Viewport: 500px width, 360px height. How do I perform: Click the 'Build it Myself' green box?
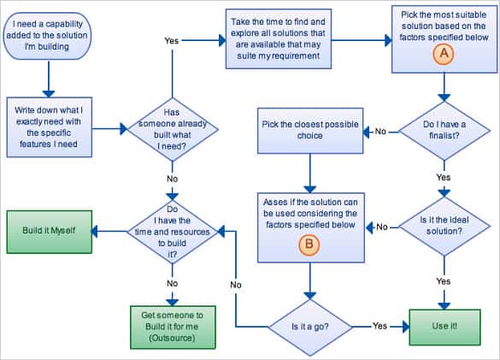point(48,229)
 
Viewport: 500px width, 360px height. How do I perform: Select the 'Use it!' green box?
point(444,326)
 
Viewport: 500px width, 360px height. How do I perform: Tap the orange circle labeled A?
point(443,52)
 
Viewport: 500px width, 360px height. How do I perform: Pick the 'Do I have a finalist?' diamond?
point(444,131)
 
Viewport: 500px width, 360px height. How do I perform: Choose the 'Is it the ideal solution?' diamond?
point(444,227)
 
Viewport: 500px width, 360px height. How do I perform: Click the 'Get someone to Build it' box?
point(172,326)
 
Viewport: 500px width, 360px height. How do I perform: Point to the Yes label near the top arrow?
point(172,40)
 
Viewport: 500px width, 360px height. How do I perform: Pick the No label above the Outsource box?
point(172,281)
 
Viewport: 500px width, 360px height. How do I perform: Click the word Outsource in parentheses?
point(172,339)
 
